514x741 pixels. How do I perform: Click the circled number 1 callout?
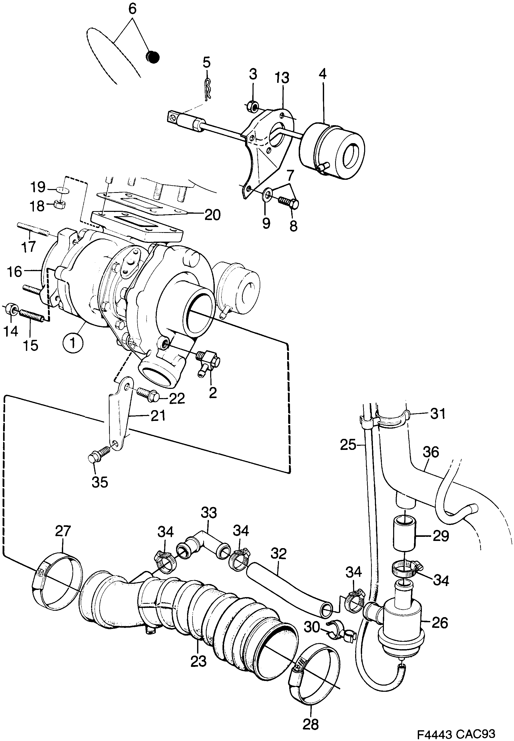73,343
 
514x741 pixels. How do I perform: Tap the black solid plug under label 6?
152,57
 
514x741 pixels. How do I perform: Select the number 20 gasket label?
212,215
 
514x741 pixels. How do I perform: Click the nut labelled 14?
11,308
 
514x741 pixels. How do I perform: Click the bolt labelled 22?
148,394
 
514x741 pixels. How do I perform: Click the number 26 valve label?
440,623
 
